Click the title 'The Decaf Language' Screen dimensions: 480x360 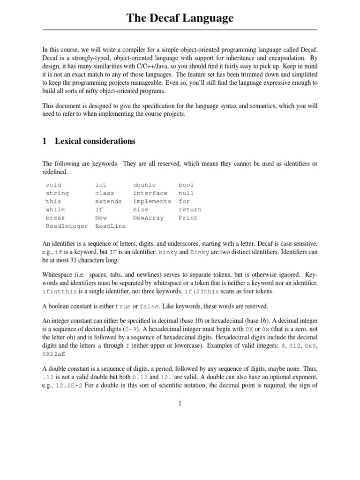180,18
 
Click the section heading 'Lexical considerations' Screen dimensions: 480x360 95,141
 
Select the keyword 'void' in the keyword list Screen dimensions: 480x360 53,185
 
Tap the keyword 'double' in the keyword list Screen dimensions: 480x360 144,185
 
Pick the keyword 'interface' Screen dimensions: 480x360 150,193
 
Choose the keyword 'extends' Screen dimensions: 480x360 108,202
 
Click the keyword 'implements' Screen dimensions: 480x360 152,202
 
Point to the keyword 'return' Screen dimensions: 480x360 190,210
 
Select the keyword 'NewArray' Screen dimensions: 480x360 148,218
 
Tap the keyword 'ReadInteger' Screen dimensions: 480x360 67,226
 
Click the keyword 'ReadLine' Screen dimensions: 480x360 110,226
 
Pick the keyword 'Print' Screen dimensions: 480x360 188,218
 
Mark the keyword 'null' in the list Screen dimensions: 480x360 186,193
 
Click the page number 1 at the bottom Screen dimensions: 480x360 180,403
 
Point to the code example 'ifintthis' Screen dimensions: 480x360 59,291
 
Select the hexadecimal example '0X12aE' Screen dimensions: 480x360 53,355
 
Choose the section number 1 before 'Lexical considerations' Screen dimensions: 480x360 45,141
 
